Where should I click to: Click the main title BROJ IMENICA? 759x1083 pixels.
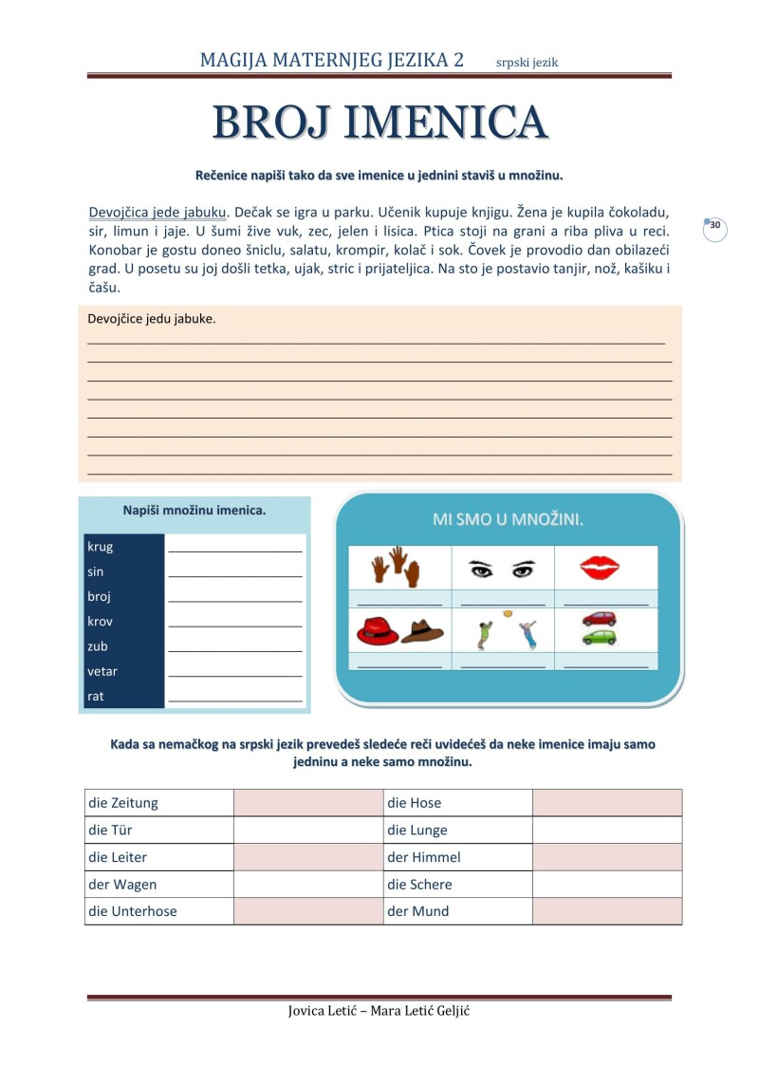tap(379, 122)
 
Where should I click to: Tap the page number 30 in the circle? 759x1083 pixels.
tap(715, 226)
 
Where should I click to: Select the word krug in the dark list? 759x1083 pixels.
tap(101, 547)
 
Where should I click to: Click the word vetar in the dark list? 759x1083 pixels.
tap(102, 671)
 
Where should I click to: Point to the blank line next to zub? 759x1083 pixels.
tap(234, 649)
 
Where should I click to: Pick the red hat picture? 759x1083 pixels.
tap(378, 630)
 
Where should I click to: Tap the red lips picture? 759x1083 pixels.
tap(600, 568)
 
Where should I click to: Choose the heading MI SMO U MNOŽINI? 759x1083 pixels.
tap(508, 519)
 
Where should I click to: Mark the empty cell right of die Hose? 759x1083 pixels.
tap(606, 803)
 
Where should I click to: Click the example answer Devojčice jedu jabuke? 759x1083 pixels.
tap(152, 319)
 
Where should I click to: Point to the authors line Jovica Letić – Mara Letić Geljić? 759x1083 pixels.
tap(379, 1010)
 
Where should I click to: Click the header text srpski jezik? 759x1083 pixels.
tap(528, 63)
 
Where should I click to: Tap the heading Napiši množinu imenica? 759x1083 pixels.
tap(194, 511)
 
